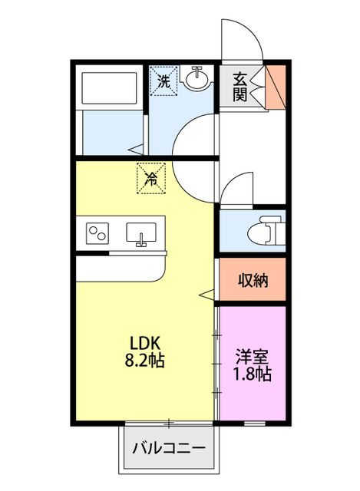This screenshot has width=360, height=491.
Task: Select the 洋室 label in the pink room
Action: tap(253, 357)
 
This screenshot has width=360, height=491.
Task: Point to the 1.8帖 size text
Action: tap(253, 374)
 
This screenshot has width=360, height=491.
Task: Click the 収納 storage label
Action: tap(252, 281)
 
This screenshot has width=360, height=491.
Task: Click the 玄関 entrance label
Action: tap(240, 86)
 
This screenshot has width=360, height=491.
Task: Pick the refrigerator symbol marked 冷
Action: tap(150, 179)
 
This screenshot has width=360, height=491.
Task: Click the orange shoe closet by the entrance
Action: tap(276, 86)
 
